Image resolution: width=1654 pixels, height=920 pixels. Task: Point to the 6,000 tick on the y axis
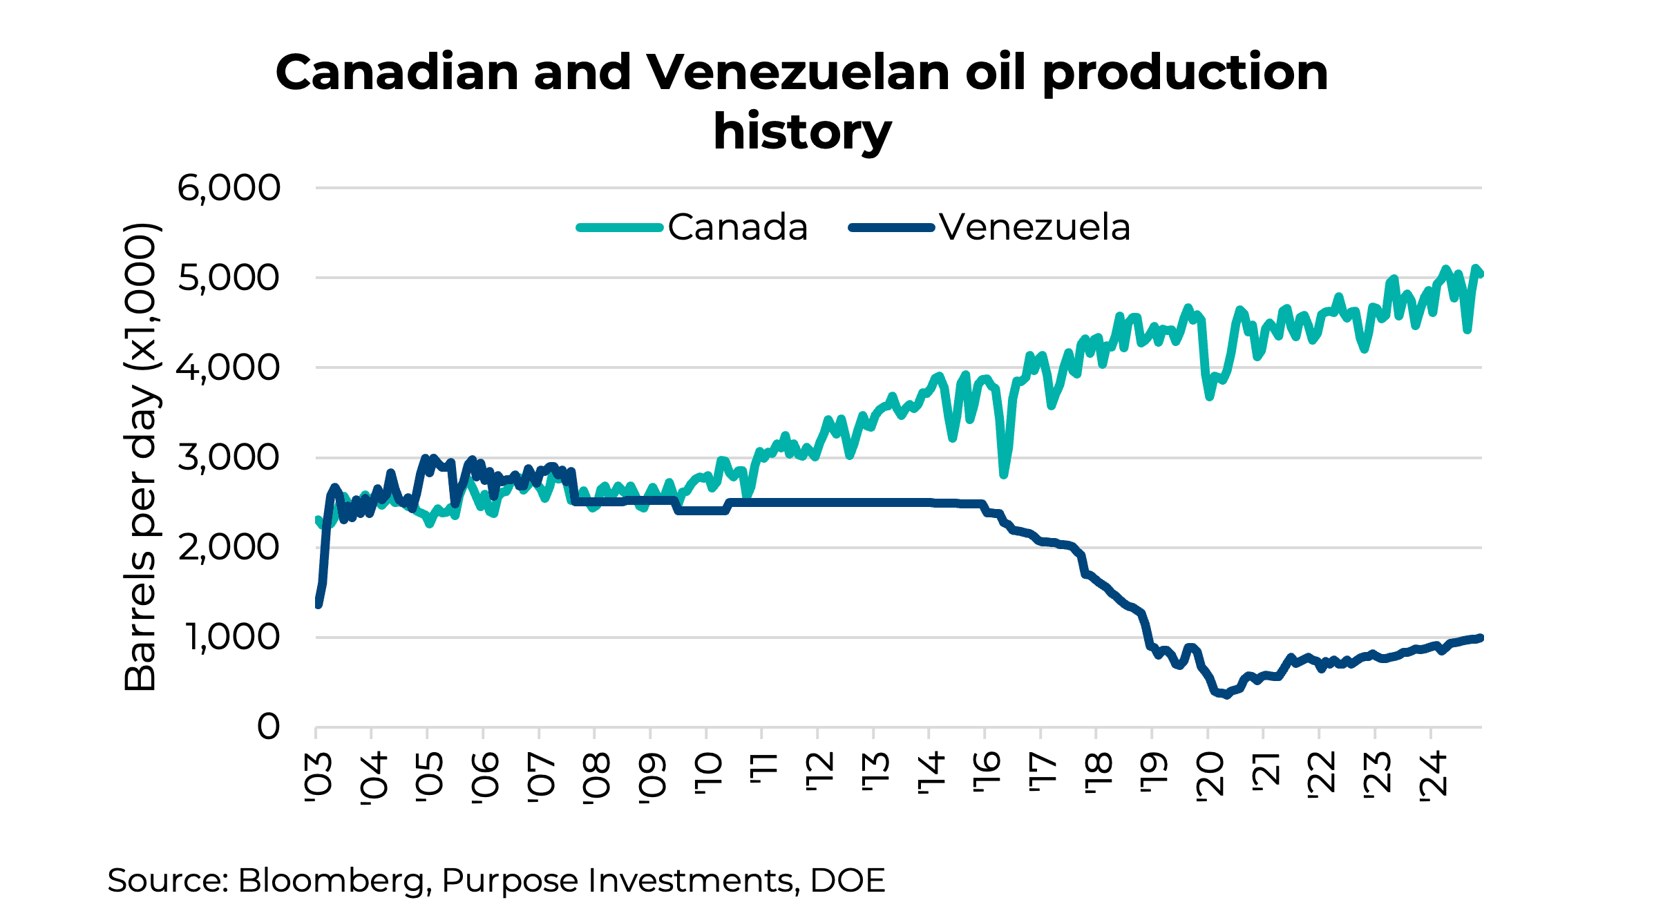click(229, 188)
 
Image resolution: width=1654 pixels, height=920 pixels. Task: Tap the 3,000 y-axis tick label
click(229, 457)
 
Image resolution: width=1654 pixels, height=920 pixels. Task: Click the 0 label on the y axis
click(268, 727)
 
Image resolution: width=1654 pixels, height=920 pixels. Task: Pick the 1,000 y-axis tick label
click(233, 637)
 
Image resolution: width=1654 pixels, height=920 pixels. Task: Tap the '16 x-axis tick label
click(987, 774)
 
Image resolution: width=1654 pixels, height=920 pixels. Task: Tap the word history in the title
click(801, 131)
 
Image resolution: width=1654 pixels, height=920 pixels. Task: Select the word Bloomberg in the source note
click(330, 881)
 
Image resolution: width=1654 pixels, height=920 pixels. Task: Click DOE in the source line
click(847, 881)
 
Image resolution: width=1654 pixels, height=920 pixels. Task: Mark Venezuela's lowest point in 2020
click(1226, 695)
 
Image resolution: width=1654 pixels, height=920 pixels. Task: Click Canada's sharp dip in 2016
click(1004, 475)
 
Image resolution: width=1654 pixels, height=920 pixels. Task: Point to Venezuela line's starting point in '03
click(318, 604)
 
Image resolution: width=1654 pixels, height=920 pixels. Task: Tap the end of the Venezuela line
click(1480, 638)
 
